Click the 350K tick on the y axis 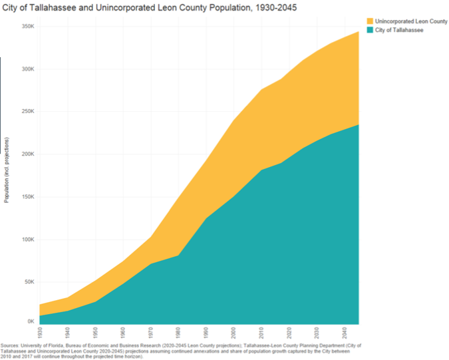(x=27, y=27)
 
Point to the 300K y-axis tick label (x=27, y=69)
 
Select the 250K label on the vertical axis (x=27, y=112)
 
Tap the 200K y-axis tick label (x=27, y=154)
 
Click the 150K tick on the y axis (x=27, y=197)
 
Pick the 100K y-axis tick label (x=27, y=240)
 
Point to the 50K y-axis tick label (x=29, y=282)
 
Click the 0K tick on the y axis (x=30, y=322)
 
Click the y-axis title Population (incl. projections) (x=7, y=170)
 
